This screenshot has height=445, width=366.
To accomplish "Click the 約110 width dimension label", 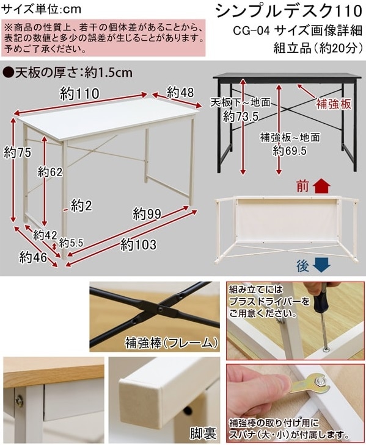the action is pos(79,94).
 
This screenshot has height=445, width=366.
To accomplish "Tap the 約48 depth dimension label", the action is pos(181,92).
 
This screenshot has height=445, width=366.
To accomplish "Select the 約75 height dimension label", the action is pos(17,152).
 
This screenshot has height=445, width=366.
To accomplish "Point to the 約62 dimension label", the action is pos(50,172).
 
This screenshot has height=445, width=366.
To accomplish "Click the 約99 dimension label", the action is pos(147,214).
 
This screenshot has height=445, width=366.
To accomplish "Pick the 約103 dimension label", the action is pos(139,244).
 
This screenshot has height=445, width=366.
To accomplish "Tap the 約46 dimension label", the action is pos(33,257).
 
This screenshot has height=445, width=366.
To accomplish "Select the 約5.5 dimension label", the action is pos(71,243).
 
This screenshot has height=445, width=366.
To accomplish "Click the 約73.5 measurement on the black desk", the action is pos(240,116).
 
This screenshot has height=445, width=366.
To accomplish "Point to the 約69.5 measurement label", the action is pos(290,151).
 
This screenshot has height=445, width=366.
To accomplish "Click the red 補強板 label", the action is pos(334,104).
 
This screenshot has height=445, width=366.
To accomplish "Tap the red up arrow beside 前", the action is pos(321,186).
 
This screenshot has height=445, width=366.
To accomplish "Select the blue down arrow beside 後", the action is pos(321,265).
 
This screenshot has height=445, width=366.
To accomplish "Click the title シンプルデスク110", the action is pos(288,12).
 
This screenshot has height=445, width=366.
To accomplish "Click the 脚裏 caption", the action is pos(203,433).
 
